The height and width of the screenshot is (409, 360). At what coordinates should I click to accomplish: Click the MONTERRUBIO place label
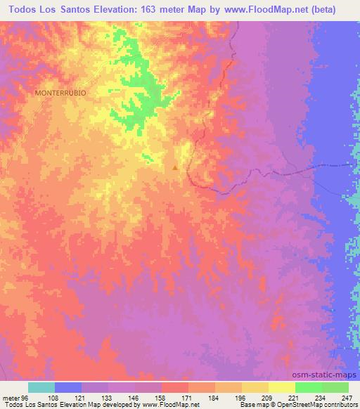60,93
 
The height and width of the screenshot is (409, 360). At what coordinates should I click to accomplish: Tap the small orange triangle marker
175,167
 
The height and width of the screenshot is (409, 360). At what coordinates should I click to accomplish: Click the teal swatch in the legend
41,387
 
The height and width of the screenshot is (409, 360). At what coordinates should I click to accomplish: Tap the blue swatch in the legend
68,387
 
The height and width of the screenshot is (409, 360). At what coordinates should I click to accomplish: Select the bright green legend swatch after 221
309,387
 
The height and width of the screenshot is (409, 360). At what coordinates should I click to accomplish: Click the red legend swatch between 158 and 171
175,387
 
